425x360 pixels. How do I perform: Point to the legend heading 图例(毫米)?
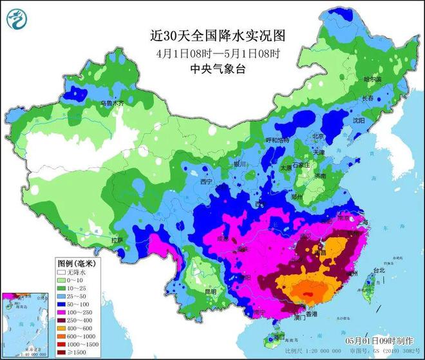pyautogui.click(x=75, y=263)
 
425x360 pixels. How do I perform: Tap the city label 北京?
pyautogui.click(x=317, y=136)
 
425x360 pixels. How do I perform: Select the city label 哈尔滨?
pyautogui.click(x=373, y=79)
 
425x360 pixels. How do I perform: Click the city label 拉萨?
pyautogui.click(x=117, y=240)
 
